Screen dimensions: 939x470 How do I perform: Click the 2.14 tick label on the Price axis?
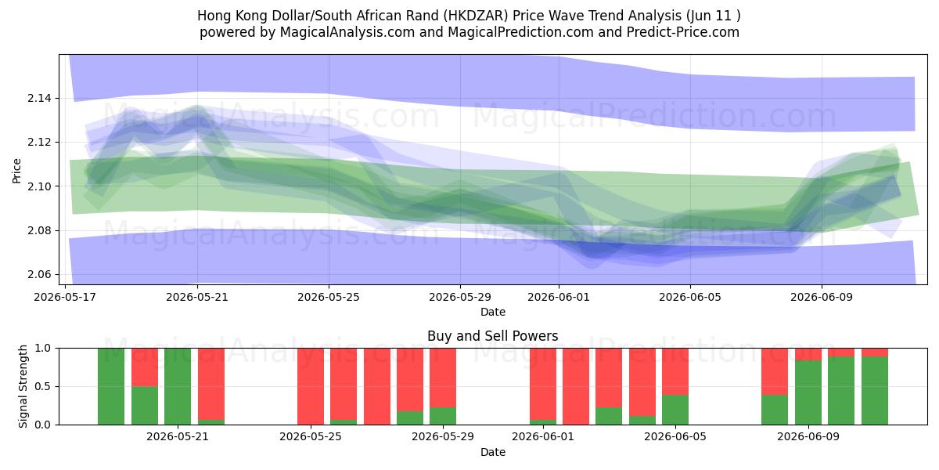click(38, 98)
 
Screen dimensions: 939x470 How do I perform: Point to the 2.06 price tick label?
click(38, 274)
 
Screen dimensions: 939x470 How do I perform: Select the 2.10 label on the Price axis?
click(38, 186)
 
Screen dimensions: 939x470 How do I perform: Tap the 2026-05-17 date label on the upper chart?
click(65, 297)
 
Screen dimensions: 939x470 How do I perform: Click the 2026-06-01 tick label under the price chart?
click(559, 297)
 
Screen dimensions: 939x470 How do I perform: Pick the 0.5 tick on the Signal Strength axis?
click(42, 386)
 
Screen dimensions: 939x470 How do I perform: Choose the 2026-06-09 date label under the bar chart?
click(808, 436)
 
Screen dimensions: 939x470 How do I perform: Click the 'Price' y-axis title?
click(16, 171)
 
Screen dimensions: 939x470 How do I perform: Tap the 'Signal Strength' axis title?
click(23, 386)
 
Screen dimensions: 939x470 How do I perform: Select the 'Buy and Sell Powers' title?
click(492, 336)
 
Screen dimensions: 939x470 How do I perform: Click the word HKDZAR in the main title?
click(476, 16)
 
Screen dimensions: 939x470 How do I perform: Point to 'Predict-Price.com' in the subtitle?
click(683, 32)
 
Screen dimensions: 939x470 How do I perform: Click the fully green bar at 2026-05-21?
click(178, 386)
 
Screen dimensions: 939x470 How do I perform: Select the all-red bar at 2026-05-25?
click(311, 386)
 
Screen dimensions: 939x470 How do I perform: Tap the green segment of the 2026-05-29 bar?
click(443, 416)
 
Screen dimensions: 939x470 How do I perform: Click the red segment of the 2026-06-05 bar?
click(675, 371)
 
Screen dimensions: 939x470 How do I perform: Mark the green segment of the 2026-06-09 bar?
click(808, 392)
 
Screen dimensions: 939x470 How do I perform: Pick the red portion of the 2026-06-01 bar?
click(543, 384)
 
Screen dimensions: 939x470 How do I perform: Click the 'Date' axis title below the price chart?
click(492, 312)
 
